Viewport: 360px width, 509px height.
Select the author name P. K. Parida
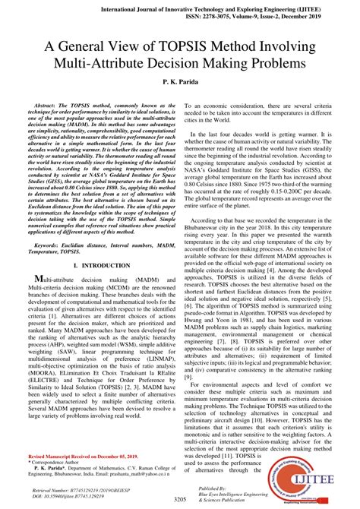point(180,80)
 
